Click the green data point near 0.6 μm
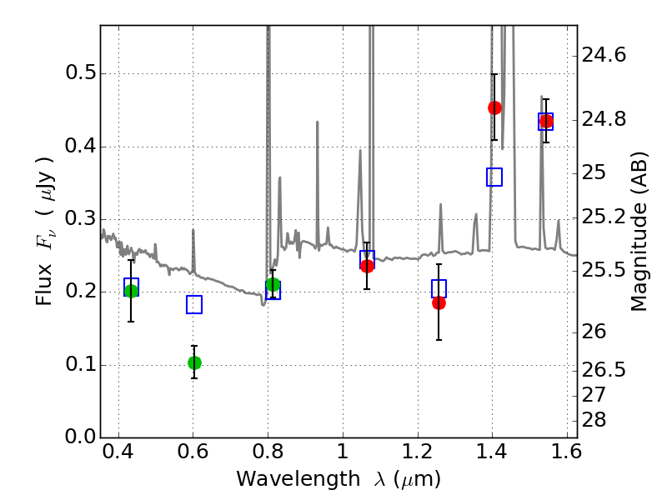pyautogui.click(x=194, y=362)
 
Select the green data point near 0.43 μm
pyautogui.click(x=131, y=291)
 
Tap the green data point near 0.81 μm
pyautogui.click(x=273, y=285)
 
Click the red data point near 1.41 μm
pyautogui.click(x=494, y=107)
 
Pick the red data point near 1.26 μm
pyautogui.click(x=439, y=302)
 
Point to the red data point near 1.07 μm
pyautogui.click(x=367, y=266)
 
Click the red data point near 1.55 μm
pyautogui.click(x=546, y=122)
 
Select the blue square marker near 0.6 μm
pyautogui.click(x=194, y=304)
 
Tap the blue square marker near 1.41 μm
pyautogui.click(x=494, y=177)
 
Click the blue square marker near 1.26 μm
pyautogui.click(x=439, y=288)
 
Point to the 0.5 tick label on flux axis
pyautogui.click(x=79, y=73)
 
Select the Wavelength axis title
pyautogui.click(x=338, y=479)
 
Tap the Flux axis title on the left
pyautogui.click(x=45, y=232)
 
